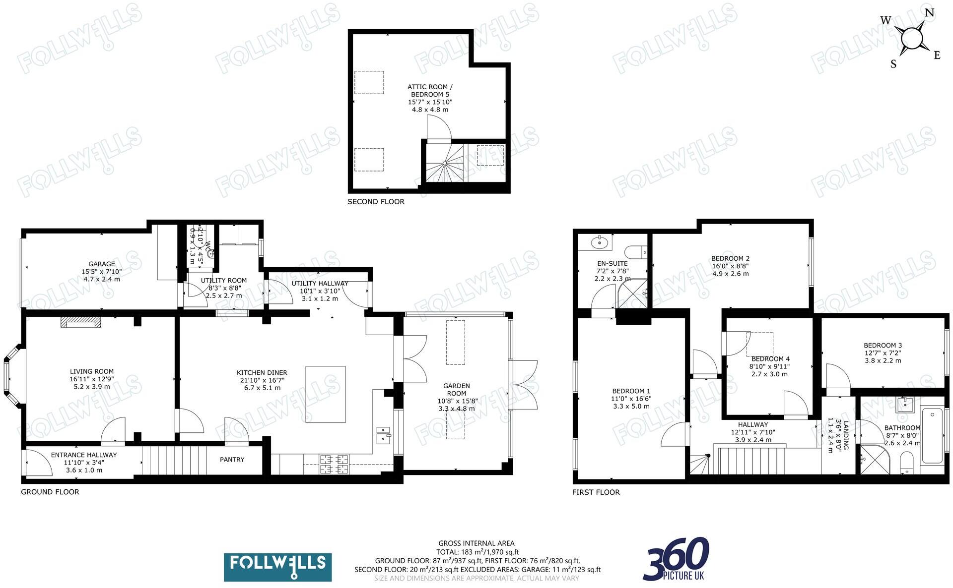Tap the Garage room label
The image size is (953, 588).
(x=102, y=264)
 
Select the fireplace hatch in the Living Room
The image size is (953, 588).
(x=80, y=323)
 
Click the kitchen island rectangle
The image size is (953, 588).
(x=326, y=394)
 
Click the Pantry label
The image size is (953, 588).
(x=232, y=460)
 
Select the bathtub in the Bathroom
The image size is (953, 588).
(x=932, y=435)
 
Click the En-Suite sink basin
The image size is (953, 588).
(x=600, y=243)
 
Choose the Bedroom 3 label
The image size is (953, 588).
(x=883, y=346)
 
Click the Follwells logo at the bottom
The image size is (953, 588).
(x=277, y=567)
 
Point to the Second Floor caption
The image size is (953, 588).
(x=376, y=202)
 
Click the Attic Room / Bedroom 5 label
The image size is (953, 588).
(x=430, y=90)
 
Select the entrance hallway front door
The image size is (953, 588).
(x=37, y=464)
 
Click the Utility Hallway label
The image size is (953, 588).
(x=320, y=284)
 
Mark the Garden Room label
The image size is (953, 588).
(x=456, y=389)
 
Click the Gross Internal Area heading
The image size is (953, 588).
(x=476, y=543)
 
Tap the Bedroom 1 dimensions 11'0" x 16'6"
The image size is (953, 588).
(x=631, y=399)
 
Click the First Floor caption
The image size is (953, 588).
(x=596, y=492)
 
